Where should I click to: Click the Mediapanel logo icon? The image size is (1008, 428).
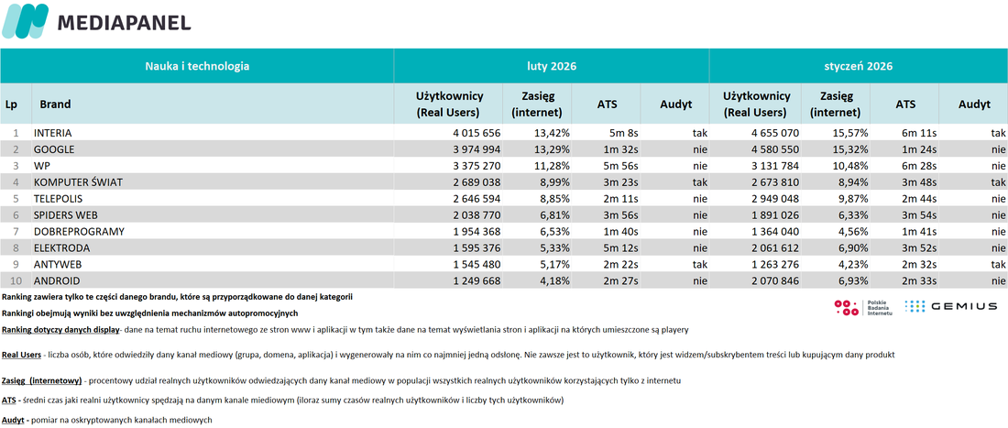pyautogui.click(x=25, y=21)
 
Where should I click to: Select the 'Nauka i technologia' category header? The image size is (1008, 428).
pyautogui.click(x=197, y=66)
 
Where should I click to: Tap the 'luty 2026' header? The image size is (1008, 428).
pyautogui.click(x=551, y=66)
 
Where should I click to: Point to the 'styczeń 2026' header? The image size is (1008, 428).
pyautogui.click(x=859, y=66)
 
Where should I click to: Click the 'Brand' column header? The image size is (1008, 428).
pyautogui.click(x=55, y=104)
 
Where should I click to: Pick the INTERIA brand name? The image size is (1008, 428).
pyautogui.click(x=53, y=133)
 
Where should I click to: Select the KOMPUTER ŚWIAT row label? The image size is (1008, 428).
pyautogui.click(x=78, y=181)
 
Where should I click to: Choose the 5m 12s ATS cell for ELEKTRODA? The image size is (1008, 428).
pyautogui.click(x=620, y=247)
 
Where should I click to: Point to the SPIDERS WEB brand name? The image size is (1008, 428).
pyautogui.click(x=65, y=214)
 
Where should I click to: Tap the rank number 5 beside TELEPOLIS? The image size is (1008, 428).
pyautogui.click(x=16, y=199)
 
